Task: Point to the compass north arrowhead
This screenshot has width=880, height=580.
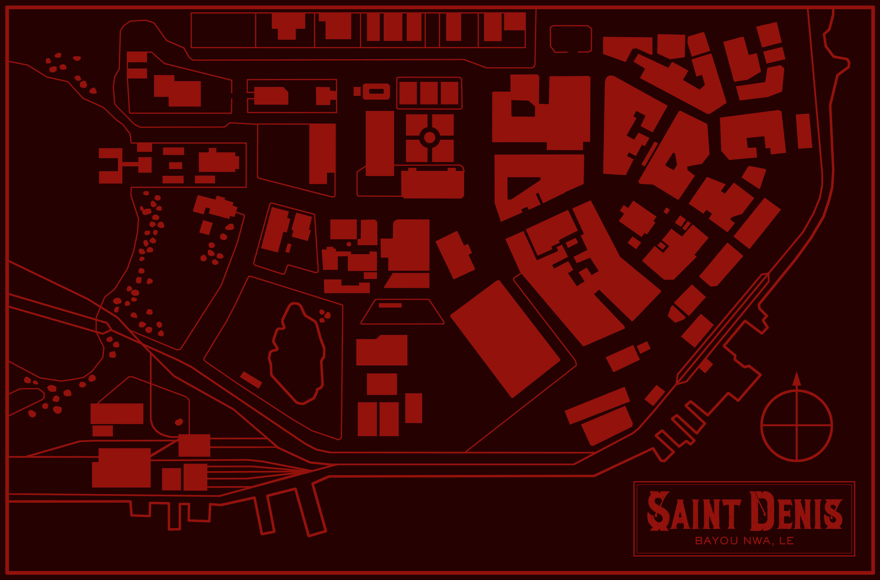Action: click(796, 379)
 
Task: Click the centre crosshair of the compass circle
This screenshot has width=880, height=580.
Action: click(796, 425)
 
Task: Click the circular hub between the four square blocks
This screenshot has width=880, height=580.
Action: click(429, 138)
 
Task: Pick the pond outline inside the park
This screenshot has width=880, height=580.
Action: click(298, 353)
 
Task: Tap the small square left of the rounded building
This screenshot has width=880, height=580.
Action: click(357, 91)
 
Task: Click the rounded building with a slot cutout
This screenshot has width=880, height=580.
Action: click(376, 91)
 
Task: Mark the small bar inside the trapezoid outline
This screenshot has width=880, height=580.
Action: click(390, 305)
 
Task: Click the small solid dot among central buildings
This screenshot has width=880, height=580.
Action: click(349, 244)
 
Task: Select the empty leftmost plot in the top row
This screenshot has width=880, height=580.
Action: click(223, 30)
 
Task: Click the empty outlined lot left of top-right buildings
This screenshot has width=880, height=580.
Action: click(571, 39)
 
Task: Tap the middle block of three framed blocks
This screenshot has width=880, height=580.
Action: click(429, 93)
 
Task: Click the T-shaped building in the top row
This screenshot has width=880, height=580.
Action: click(288, 26)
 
